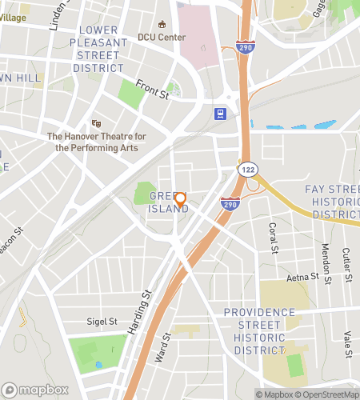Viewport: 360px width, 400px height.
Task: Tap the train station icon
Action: pyautogui.click(x=219, y=114)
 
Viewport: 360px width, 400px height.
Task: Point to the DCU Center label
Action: pyautogui.click(x=161, y=37)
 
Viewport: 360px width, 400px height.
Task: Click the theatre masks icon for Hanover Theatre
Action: pyautogui.click(x=96, y=123)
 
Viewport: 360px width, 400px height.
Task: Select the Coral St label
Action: pyautogui.click(x=273, y=236)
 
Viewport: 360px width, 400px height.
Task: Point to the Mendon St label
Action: pyautogui.click(x=326, y=258)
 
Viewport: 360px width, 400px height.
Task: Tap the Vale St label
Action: pyautogui.click(x=348, y=346)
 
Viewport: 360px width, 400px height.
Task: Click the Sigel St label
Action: pyautogui.click(x=102, y=322)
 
